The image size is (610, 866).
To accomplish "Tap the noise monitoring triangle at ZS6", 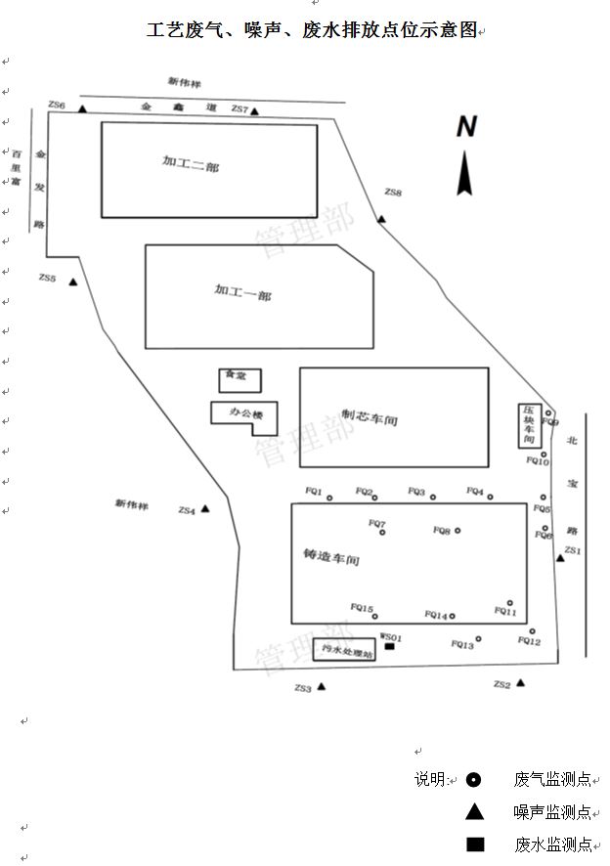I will (82, 109).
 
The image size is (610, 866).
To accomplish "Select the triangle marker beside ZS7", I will (254, 111).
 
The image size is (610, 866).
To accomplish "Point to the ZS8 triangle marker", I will (381, 218).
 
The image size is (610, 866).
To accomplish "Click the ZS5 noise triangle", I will (72, 282).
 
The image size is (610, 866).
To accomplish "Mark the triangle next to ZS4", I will (205, 508).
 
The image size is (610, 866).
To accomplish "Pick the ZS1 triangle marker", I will (560, 557).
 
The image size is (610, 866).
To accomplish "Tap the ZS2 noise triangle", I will (521, 682).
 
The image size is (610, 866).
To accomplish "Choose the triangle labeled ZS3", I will (321, 686).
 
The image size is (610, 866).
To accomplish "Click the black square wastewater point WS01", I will (390, 646).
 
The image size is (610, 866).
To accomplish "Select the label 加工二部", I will (191, 166).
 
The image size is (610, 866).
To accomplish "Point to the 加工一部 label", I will (242, 291).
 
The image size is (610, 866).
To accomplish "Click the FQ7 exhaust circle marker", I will (382, 533).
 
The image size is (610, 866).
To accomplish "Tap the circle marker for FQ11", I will (509, 603).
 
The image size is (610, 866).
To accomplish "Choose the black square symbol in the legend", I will (474, 844).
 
